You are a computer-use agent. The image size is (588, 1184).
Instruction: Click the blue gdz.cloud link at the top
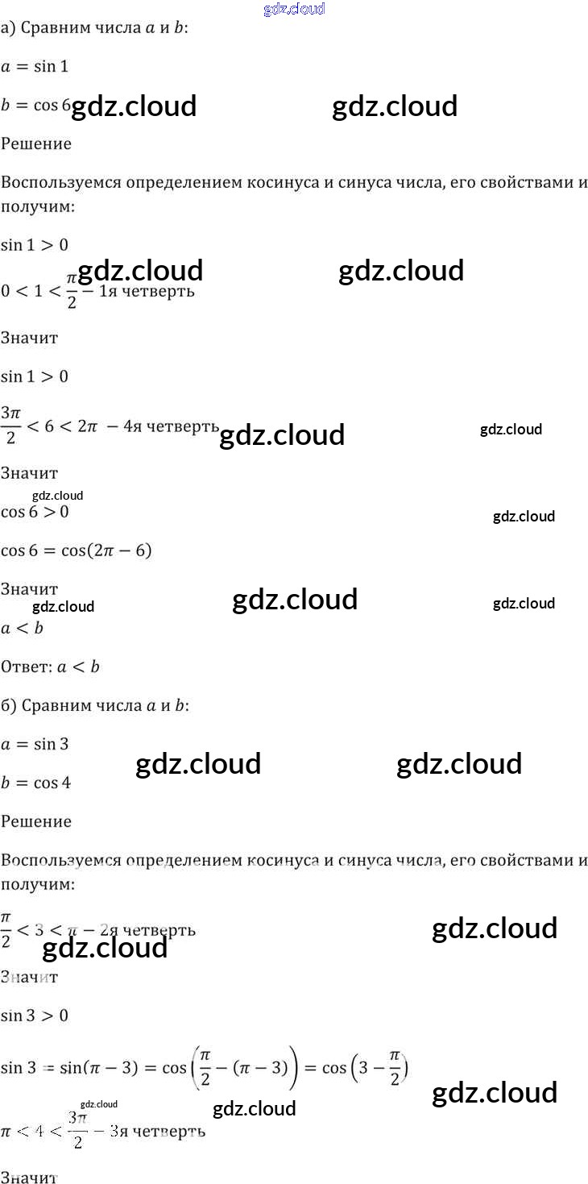294,9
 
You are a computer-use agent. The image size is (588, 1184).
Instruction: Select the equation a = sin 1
35,67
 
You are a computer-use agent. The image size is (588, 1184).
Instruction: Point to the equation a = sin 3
35,744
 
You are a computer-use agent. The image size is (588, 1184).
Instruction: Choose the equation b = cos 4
36,783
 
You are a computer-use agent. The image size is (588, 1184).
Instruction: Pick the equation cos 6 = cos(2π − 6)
77,550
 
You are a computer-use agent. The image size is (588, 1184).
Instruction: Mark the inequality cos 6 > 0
35,512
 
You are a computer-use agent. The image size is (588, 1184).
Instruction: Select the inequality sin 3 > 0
35,1016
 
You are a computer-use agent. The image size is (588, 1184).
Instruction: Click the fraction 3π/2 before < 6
10,426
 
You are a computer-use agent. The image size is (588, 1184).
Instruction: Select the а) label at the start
8,28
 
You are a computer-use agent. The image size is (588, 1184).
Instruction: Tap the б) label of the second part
9,705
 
